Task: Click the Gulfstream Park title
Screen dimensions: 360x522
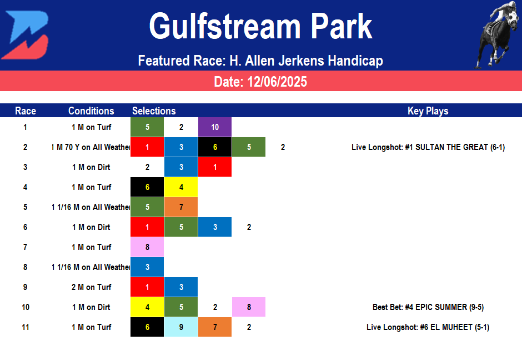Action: tap(260, 26)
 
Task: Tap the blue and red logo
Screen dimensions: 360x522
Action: tap(25, 34)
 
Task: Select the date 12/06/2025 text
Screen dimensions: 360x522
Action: tap(260, 82)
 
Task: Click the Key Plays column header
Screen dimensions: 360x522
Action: tap(428, 111)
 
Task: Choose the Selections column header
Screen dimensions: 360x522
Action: tap(154, 111)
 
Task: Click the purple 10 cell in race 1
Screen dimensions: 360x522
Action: tap(215, 127)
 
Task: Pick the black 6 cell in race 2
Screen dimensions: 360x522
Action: tap(215, 147)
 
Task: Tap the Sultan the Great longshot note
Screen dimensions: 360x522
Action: tap(428, 147)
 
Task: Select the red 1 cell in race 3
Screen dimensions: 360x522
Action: tap(215, 167)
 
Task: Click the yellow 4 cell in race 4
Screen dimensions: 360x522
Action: tap(181, 187)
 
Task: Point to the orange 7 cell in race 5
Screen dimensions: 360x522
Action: tap(181, 207)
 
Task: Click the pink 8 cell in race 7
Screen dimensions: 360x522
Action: tap(147, 247)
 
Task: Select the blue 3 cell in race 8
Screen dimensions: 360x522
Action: tap(147, 267)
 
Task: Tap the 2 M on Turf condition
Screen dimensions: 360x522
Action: tap(91, 287)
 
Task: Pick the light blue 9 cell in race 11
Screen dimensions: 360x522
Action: tap(181, 327)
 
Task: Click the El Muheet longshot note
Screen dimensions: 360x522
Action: tap(428, 327)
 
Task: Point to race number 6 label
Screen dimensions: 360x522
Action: tap(25, 227)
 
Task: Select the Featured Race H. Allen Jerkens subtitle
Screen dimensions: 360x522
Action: tap(260, 61)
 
